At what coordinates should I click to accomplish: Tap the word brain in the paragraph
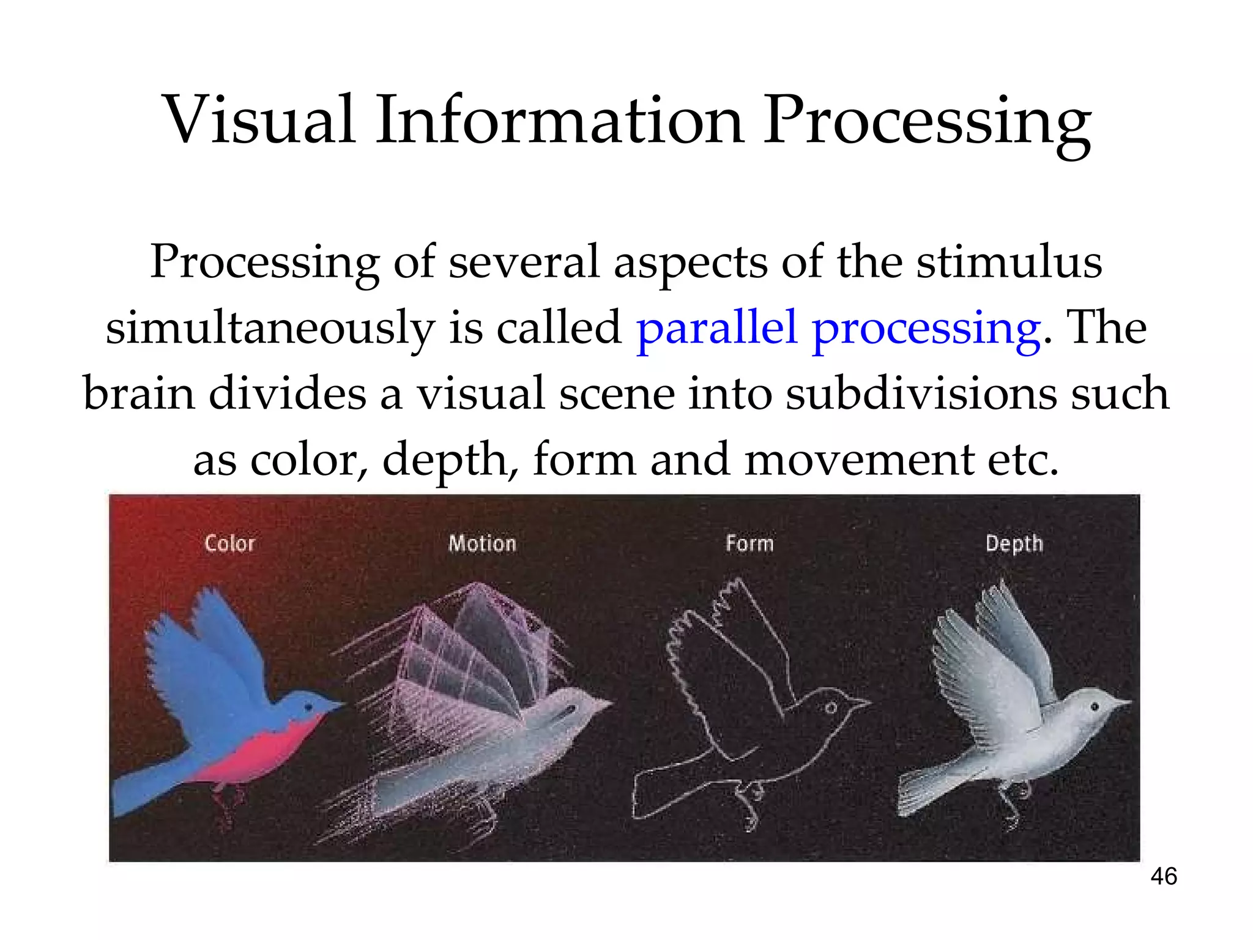[139, 394]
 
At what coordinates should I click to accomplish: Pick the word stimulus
[1009, 263]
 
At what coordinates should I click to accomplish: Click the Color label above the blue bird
[229, 543]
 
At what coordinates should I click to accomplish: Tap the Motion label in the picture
[482, 543]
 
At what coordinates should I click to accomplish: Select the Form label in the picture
[749, 543]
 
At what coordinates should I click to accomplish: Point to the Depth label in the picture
[1014, 544]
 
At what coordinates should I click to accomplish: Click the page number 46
[1163, 876]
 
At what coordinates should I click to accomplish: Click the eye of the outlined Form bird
[830, 708]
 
